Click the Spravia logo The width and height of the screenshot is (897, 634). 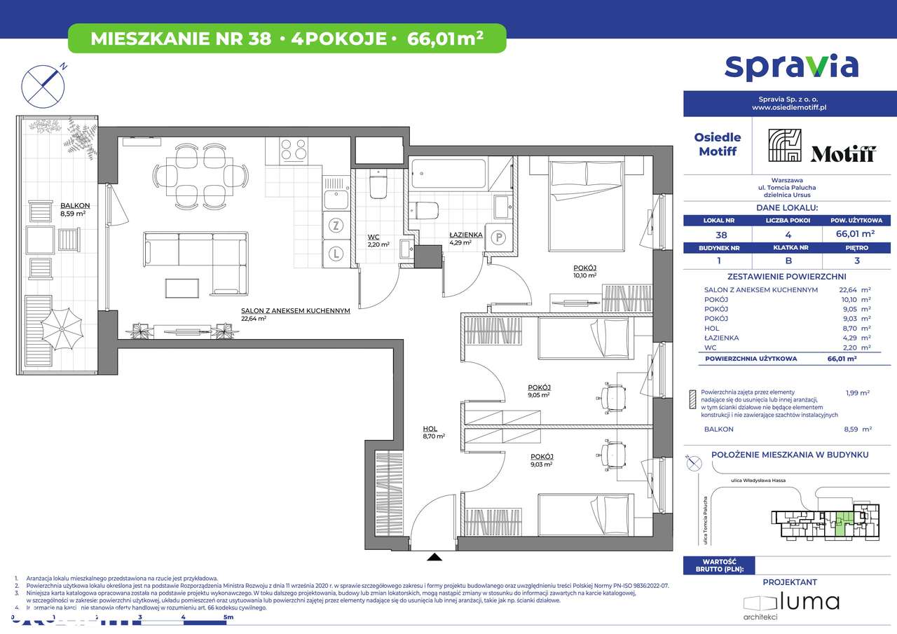(790, 66)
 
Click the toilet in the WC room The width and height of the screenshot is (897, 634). (378, 185)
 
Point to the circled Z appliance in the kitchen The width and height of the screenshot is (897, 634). (336, 226)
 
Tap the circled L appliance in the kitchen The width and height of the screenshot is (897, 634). (336, 253)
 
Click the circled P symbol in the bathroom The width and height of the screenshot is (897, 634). (500, 237)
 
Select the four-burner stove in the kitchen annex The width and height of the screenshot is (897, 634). (293, 150)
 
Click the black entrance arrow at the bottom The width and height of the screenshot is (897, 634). (435, 558)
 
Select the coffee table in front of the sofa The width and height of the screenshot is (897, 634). (182, 288)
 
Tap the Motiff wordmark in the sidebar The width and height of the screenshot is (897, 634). (843, 154)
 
